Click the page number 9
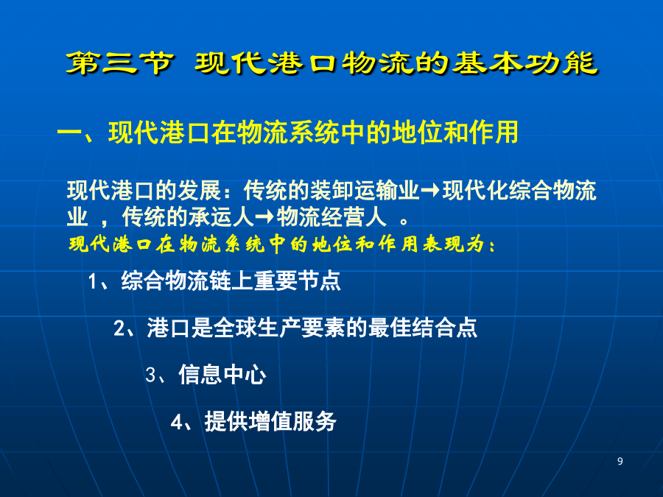click(x=620, y=461)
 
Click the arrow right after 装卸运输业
click(x=430, y=191)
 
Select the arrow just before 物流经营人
click(x=264, y=218)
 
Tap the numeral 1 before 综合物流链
click(x=93, y=281)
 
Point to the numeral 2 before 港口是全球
click(x=119, y=328)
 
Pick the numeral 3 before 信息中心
click(x=151, y=375)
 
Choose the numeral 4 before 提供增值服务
click(x=177, y=422)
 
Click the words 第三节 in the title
click(x=120, y=63)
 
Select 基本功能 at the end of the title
click(x=525, y=63)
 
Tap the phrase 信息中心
click(x=222, y=375)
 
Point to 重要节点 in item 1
click(x=297, y=281)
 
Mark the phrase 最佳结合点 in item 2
click(x=422, y=328)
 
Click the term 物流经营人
click(x=331, y=218)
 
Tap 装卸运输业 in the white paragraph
click(x=365, y=191)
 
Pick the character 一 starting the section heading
click(x=69, y=133)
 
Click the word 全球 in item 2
click(x=235, y=328)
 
